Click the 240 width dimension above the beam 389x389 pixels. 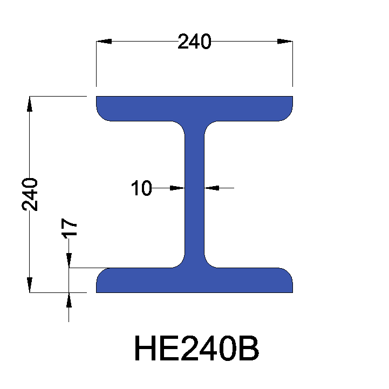(x=194, y=42)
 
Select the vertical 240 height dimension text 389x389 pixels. (x=30, y=194)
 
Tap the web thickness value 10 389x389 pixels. (x=141, y=188)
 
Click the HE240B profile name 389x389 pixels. (x=196, y=350)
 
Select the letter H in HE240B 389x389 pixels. (x=145, y=350)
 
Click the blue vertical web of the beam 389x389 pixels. (x=194, y=194)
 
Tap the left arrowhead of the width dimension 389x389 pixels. (x=104, y=42)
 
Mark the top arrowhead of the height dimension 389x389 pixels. (x=30, y=104)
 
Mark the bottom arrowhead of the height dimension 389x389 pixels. (x=30, y=285)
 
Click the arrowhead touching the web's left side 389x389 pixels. (x=178, y=188)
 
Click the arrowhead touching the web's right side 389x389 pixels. (x=211, y=188)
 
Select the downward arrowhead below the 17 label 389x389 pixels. (x=69, y=261)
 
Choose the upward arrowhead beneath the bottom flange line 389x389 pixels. (x=69, y=299)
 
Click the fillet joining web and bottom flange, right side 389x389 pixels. (x=209, y=263)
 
